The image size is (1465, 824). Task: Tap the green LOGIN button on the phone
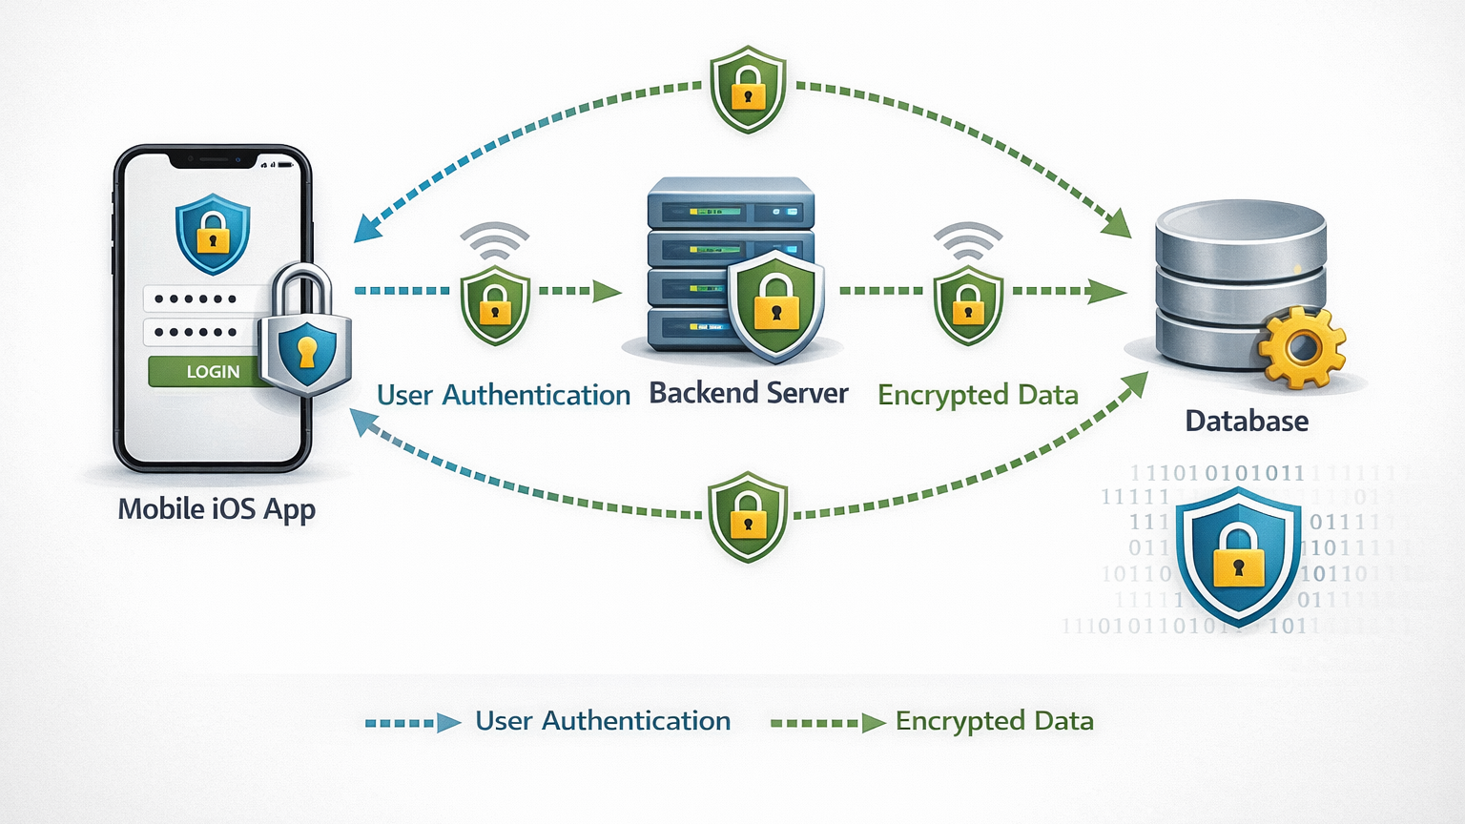pos(204,371)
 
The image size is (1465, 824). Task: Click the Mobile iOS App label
pos(217,509)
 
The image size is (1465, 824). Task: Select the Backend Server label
pos(749,393)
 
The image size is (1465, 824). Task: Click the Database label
pos(1247,421)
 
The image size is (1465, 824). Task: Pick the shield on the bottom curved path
pos(748,516)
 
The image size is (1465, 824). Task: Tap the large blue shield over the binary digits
pos(1238,556)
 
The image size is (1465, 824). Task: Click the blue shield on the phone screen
pos(213,233)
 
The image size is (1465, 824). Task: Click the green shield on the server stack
pos(776,303)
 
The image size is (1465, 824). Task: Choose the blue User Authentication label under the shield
pos(504,395)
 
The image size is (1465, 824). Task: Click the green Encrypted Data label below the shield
pos(978,395)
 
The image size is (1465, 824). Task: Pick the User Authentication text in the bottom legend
pos(603,721)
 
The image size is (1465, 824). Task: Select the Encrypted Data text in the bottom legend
pos(994,721)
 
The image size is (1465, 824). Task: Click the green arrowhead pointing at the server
pos(607,291)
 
